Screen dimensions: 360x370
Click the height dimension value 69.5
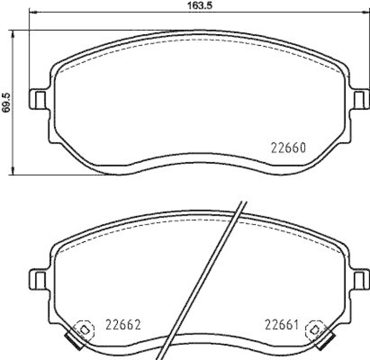click(x=6, y=103)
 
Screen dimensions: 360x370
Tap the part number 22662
click(x=123, y=324)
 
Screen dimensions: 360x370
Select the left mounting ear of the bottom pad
click(x=39, y=279)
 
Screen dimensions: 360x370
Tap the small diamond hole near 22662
click(x=84, y=329)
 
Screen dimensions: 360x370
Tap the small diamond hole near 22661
click(x=315, y=329)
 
